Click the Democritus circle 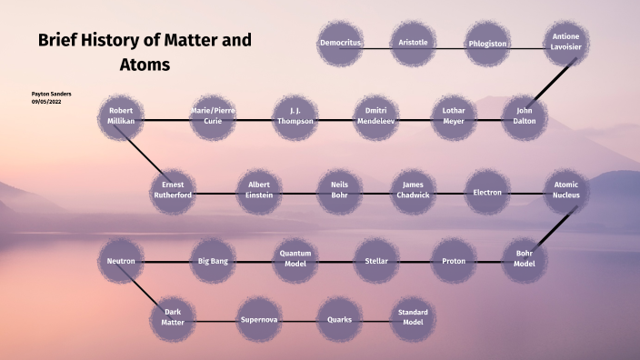click(x=341, y=44)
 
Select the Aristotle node click(x=414, y=44)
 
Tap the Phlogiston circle click(x=487, y=44)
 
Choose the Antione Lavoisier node click(x=565, y=44)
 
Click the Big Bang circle click(x=213, y=262)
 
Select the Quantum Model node click(x=296, y=262)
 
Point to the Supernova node click(x=259, y=320)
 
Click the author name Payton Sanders click(x=51, y=94)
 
